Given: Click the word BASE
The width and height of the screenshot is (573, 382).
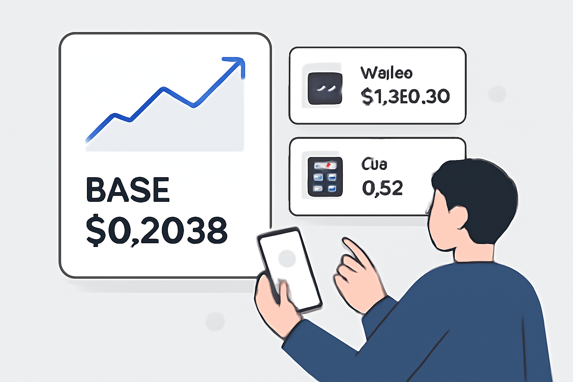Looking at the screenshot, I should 128,190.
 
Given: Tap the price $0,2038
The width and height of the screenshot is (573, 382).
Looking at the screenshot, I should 157,231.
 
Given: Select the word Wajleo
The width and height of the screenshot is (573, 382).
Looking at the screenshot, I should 386,73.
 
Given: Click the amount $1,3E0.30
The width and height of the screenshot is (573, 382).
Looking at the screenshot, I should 405,97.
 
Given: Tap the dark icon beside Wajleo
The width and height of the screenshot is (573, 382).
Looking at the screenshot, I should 325,88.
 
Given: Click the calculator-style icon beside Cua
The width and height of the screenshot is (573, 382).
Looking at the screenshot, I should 325,177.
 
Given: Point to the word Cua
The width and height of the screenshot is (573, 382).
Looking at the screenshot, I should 374,164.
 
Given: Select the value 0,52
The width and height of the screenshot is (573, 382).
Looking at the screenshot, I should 382,188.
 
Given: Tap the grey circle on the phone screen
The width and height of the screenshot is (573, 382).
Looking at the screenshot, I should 287,258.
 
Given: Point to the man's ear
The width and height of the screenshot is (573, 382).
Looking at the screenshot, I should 460,218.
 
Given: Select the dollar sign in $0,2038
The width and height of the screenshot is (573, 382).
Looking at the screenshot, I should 95,231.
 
